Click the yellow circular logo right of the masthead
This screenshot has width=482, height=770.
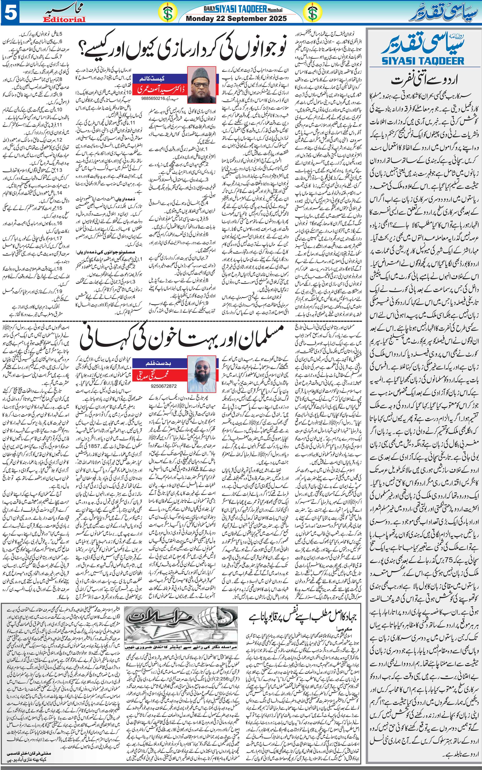coord(313,13)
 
